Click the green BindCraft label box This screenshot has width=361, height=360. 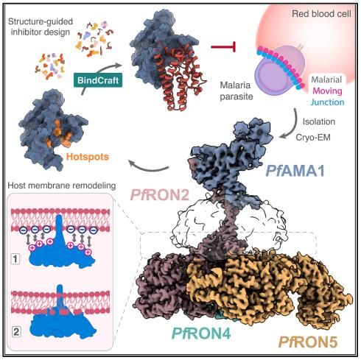[98, 80]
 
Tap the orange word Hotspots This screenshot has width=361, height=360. [88, 157]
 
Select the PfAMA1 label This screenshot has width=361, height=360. [295, 171]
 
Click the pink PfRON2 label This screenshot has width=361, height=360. [160, 195]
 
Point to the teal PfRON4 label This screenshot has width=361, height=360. [202, 333]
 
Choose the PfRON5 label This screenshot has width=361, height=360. [308, 342]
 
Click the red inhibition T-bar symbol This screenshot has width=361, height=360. [224, 46]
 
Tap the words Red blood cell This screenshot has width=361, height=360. [321, 14]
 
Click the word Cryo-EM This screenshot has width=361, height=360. [313, 137]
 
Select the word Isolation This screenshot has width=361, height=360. [319, 121]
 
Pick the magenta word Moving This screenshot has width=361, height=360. [327, 91]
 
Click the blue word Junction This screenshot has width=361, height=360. [327, 102]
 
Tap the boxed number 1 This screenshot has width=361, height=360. [15, 259]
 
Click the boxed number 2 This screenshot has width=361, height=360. [16, 332]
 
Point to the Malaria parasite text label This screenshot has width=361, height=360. [236, 91]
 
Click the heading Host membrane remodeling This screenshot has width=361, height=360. [62, 186]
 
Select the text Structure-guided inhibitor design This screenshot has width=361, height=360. [41, 27]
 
